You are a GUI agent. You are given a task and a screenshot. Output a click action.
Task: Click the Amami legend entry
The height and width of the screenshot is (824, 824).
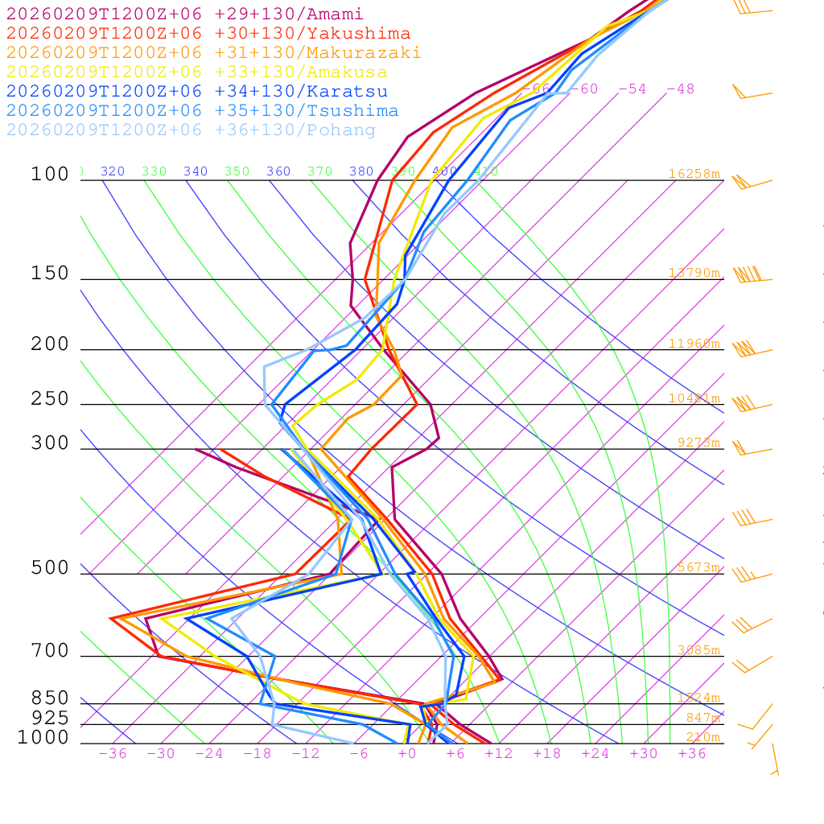click(x=185, y=14)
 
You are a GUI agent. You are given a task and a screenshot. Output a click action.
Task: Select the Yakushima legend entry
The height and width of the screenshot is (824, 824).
click(x=208, y=33)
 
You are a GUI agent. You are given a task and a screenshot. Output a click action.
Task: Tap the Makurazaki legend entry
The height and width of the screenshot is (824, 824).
click(x=214, y=52)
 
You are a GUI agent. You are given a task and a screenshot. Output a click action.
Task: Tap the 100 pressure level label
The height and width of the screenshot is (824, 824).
click(x=50, y=174)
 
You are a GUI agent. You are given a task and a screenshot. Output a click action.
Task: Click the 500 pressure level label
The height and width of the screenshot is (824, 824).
click(x=50, y=568)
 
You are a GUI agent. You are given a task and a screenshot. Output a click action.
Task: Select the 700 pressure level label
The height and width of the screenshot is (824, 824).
click(x=50, y=651)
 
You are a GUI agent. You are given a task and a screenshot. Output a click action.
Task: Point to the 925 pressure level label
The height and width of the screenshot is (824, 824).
click(x=50, y=718)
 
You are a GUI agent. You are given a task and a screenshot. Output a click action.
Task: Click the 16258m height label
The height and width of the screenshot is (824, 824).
click(x=694, y=174)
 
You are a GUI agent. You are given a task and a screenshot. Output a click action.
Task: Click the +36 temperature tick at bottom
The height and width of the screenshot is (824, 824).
click(x=692, y=753)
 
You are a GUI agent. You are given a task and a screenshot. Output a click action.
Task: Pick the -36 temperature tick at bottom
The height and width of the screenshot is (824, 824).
click(x=113, y=753)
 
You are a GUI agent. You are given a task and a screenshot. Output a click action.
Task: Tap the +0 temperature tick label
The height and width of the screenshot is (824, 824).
click(x=407, y=753)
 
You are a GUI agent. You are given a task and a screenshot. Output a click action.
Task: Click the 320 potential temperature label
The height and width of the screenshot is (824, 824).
click(x=113, y=171)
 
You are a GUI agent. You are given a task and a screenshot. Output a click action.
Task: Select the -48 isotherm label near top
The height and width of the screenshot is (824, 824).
click(x=680, y=89)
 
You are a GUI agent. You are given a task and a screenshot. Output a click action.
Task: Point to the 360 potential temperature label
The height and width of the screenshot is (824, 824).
click(x=278, y=171)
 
